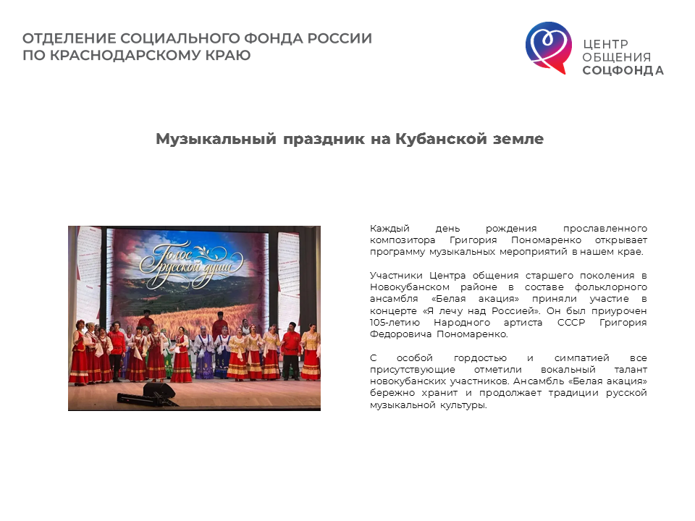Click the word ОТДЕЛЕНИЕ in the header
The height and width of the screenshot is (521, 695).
pos(69,38)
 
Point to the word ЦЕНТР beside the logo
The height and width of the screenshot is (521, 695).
pos(605,44)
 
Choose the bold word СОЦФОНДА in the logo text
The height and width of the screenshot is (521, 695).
pos(623,70)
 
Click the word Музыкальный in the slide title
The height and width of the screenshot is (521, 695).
pos(216,139)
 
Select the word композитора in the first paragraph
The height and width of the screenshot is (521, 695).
pos(403,240)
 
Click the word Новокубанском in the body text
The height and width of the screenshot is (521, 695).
pos(410,287)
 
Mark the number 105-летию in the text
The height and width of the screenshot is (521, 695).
pos(395,323)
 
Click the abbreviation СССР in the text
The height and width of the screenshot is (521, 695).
pos(571,323)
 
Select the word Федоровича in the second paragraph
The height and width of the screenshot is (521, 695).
pos(400,334)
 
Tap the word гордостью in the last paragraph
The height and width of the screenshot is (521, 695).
pos(480,358)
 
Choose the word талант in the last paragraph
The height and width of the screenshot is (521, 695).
pos(631,370)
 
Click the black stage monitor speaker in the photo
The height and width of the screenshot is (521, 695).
pos(159,390)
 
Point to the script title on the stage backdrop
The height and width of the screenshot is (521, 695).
pos(191,264)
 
